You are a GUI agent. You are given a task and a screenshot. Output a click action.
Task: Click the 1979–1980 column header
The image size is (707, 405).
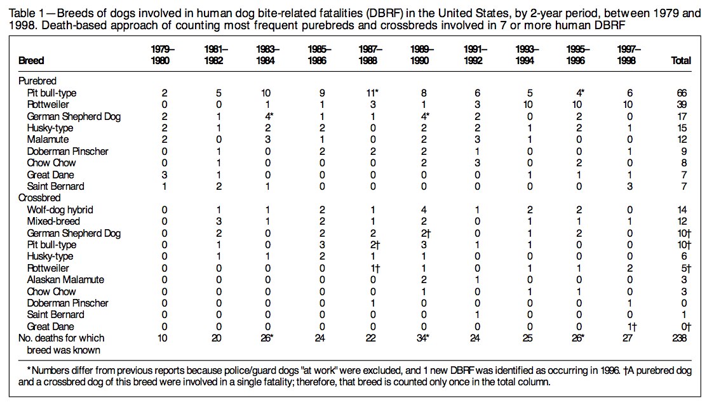[163, 55]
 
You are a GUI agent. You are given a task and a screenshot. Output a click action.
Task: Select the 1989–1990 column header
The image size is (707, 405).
[422, 55]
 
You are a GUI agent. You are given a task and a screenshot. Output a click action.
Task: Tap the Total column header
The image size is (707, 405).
[681, 60]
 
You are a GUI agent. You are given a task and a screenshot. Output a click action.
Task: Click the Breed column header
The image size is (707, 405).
[31, 60]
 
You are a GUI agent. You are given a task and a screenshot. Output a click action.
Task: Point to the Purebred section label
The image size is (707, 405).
[37, 81]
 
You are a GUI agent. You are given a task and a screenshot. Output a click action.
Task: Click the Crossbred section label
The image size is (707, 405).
[39, 198]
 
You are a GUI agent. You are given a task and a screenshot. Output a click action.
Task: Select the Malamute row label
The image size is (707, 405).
[48, 140]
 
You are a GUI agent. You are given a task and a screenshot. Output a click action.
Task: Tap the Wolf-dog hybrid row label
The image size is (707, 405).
[60, 210]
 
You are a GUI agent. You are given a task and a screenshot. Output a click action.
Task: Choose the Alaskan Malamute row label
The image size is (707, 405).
[65, 280]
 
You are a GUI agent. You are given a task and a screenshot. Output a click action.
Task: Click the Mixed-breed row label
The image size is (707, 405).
[53, 222]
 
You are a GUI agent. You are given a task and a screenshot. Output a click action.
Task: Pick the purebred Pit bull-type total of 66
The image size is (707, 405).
[682, 93]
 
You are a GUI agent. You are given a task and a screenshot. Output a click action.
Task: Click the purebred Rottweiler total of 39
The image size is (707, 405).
[682, 105]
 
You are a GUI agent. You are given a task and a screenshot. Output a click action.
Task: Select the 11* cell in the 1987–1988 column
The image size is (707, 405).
[372, 93]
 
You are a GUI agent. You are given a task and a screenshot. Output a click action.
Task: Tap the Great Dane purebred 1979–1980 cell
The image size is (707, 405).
[164, 175]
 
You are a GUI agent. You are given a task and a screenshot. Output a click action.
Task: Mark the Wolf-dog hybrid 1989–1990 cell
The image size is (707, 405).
[424, 210]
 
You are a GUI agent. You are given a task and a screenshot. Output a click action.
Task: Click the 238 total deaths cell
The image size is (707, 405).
[679, 338]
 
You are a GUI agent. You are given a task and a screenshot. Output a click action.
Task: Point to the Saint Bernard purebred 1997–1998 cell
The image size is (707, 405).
[630, 187]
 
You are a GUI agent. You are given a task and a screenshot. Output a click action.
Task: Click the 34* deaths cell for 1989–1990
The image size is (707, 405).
[421, 338]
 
